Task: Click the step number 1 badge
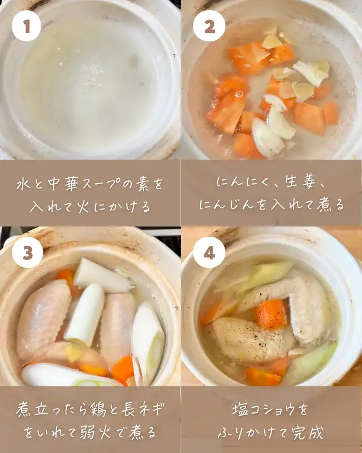(x=26, y=26)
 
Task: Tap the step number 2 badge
(x=209, y=26)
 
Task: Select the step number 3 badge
(x=27, y=252)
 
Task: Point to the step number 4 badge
(x=209, y=252)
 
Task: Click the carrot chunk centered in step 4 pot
(x=271, y=314)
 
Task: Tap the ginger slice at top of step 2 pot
(x=271, y=41)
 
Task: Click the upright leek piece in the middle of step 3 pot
(x=85, y=315)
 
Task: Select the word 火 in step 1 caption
(x=83, y=207)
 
